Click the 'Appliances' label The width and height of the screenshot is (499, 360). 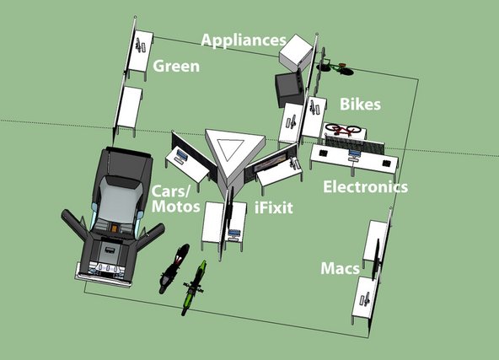tap(244, 40)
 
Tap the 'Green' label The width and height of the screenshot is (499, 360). tap(176, 66)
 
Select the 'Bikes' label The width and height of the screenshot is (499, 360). tap(360, 104)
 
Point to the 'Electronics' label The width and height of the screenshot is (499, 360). tap(365, 186)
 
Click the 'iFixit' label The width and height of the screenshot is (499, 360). tap(274, 207)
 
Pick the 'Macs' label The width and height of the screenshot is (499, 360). tap(340, 268)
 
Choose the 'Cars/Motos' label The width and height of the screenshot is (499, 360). tap(175, 199)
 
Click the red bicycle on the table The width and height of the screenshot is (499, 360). tap(343, 129)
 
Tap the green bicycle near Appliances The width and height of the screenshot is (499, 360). tap(335, 68)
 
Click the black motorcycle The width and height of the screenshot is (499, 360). tap(174, 268)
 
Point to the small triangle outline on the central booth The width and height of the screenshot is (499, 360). tap(230, 149)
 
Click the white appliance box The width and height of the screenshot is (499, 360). tap(296, 52)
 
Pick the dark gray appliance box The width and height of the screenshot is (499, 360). tap(288, 89)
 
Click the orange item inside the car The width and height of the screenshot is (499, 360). tap(114, 228)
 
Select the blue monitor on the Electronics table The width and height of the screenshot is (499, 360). tap(354, 153)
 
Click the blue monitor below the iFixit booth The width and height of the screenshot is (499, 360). tap(234, 233)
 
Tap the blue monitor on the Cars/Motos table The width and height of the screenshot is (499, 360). tap(182, 154)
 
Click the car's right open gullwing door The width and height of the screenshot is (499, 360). tap(149, 235)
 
